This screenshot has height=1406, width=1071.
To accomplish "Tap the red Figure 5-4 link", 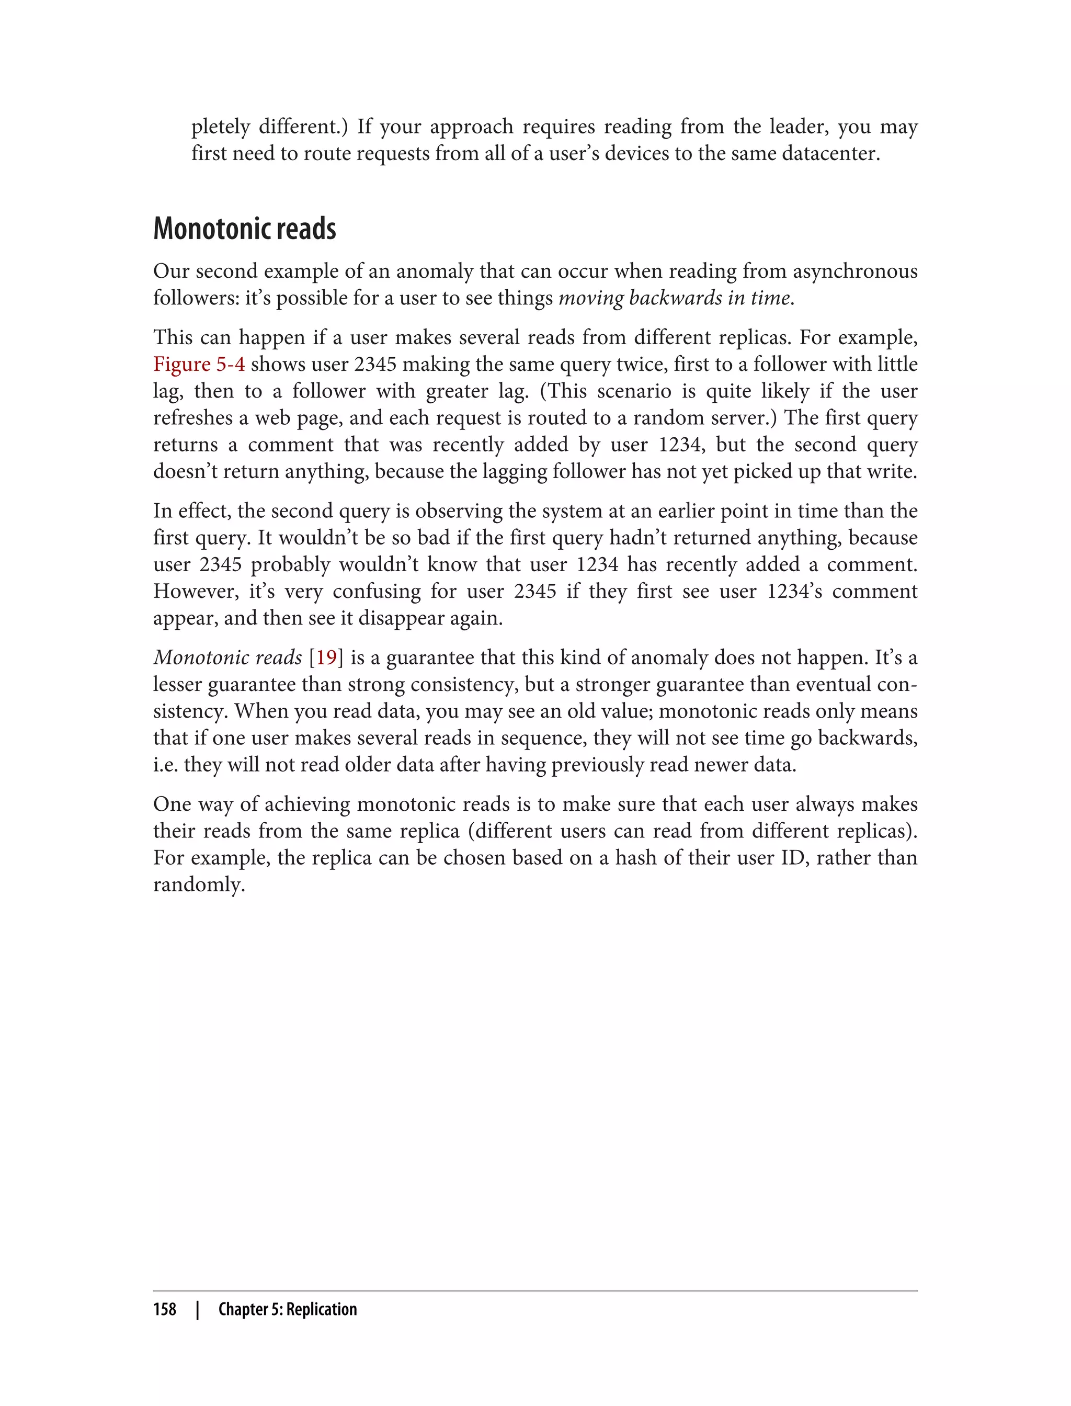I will point(199,364).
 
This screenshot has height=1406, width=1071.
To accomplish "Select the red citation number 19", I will point(326,657).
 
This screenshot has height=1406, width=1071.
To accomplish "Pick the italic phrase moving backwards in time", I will point(675,298).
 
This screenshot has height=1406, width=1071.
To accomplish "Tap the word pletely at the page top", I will point(221,127).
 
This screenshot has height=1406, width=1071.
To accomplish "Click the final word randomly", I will point(198,885).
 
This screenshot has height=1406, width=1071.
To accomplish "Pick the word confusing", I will point(376,591).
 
